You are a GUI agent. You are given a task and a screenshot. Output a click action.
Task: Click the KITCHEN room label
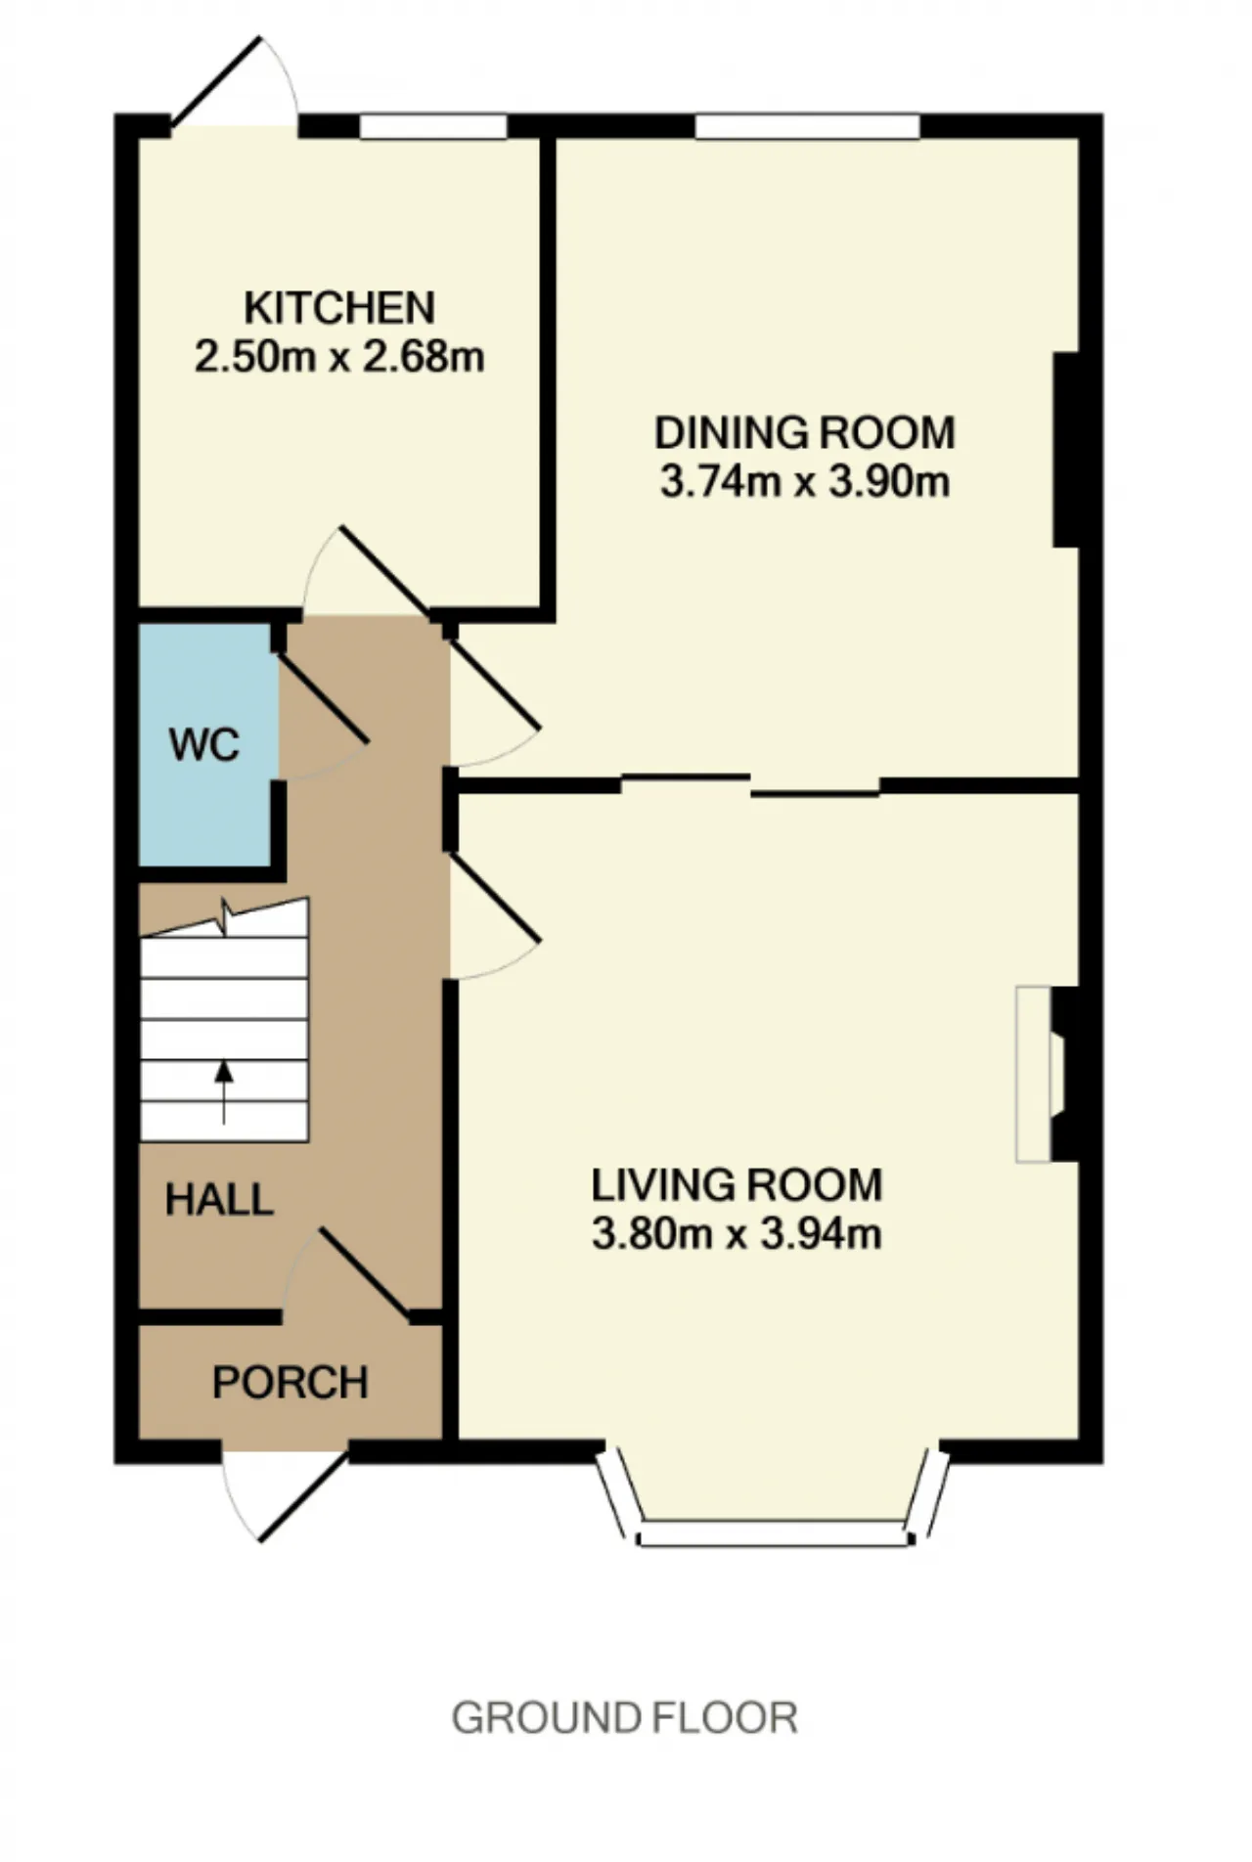[x=339, y=308]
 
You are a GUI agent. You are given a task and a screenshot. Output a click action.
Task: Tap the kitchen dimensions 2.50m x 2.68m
[x=339, y=356]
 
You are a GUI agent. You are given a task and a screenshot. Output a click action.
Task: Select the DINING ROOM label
[x=804, y=432]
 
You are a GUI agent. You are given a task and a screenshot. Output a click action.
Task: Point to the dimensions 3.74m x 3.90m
[x=804, y=481]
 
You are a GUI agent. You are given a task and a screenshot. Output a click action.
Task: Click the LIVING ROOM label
[x=737, y=1185]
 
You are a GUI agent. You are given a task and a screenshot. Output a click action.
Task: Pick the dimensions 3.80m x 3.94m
[x=737, y=1233]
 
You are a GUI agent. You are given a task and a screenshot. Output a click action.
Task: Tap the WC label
[x=203, y=745]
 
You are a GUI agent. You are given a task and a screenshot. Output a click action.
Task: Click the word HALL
[x=218, y=1200]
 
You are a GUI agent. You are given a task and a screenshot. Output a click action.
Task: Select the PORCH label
[x=291, y=1383]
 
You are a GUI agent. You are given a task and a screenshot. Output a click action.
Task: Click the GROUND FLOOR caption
[x=624, y=1718]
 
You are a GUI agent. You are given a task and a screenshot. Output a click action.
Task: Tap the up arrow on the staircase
[x=224, y=1092]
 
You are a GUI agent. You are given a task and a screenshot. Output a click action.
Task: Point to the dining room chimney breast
[x=1066, y=449]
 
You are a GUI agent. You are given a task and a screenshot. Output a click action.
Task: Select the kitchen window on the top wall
[x=433, y=126]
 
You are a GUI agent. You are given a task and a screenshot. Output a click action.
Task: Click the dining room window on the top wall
[x=808, y=126]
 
